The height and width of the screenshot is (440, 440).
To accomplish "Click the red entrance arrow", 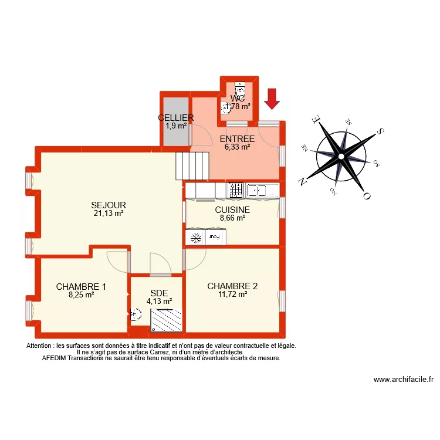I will coord(270,99).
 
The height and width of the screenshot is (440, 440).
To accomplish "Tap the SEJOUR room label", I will coord(109,205).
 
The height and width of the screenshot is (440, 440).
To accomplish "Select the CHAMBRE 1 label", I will coord(81,287).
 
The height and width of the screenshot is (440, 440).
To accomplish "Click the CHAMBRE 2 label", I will coord(232,286).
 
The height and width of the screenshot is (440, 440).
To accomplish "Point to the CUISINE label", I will coord(232,209).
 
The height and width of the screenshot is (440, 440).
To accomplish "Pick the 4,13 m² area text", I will coord(159,302).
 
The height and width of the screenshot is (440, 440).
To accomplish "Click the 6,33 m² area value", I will coord(237,147).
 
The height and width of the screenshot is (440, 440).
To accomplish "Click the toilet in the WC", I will coord(239,89).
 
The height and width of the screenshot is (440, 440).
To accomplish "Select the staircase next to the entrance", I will coord(192,166).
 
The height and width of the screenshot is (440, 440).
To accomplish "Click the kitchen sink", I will coord(256,190).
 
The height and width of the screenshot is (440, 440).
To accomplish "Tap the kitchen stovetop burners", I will coord(235,190).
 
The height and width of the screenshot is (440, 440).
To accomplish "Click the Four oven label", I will coord(216,238).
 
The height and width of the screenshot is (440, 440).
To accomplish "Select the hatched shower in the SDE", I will coord(167,320).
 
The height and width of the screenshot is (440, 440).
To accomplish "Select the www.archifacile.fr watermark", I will coord(403,380).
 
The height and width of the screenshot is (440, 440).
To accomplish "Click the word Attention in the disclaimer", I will coord(39,346).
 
